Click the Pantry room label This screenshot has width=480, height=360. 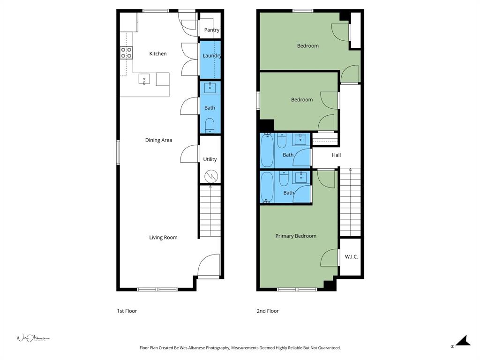point(211,30)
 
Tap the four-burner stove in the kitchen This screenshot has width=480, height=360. point(126,52)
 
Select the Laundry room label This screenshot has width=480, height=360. point(211,56)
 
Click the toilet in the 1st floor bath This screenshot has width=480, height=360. point(210,125)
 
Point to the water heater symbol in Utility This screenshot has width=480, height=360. point(210,176)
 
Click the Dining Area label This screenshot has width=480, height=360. point(158,140)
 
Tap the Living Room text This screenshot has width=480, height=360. point(163,238)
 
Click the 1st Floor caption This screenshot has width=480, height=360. point(127,311)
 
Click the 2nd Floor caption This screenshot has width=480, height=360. point(267,311)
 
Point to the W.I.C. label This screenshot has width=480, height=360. point(351,257)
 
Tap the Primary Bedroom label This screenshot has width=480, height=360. point(295,236)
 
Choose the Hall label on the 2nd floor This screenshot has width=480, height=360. point(336,155)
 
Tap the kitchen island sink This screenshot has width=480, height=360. point(144,79)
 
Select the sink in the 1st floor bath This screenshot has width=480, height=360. point(210,88)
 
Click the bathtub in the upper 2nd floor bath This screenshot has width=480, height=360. point(267,150)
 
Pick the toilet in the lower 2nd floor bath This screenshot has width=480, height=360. point(284,179)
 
